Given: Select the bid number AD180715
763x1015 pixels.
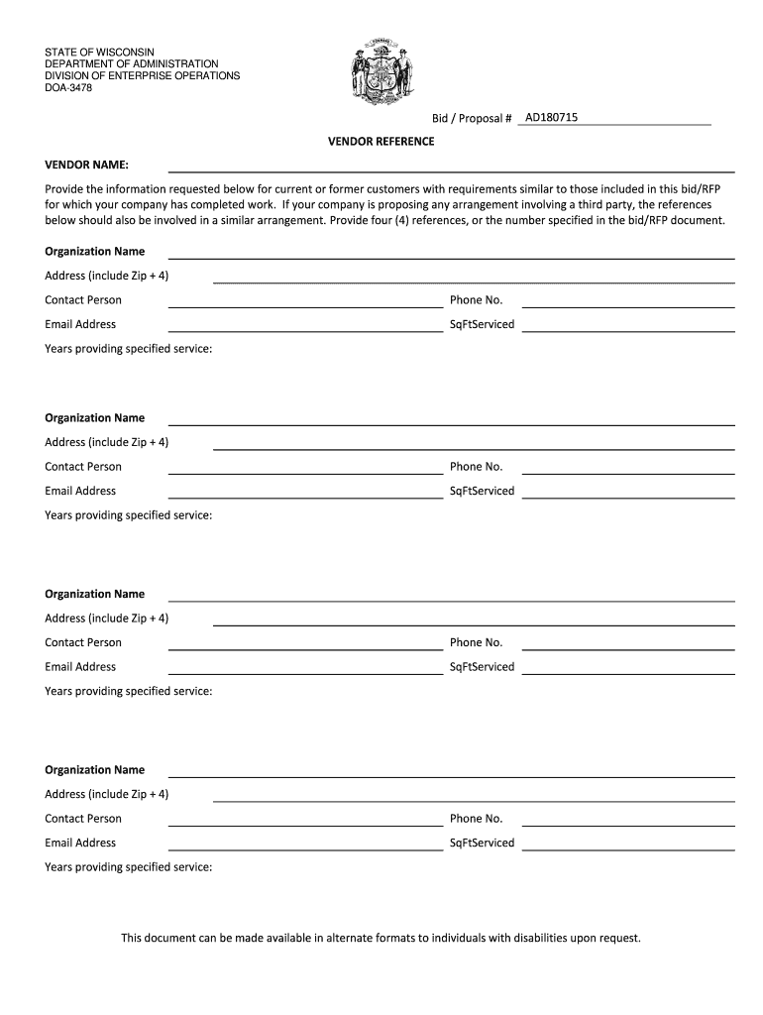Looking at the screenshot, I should pos(551,118).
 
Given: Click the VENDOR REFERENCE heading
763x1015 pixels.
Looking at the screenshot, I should pos(381,142).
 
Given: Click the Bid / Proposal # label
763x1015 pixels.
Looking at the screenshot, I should pos(472,119).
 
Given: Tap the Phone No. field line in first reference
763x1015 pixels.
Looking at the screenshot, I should pos(628,305).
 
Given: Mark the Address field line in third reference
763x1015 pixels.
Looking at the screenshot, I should pos(474,623).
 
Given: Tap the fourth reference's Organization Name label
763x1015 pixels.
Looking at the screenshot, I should pos(95,770).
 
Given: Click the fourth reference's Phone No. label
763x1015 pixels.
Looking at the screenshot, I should pos(477,819).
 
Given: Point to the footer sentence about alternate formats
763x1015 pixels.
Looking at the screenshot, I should pos(381,937).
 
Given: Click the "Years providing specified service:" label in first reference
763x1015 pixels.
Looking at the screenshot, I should pos(129,349).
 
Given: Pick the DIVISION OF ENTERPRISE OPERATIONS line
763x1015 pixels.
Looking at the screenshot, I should pos(143,76).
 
